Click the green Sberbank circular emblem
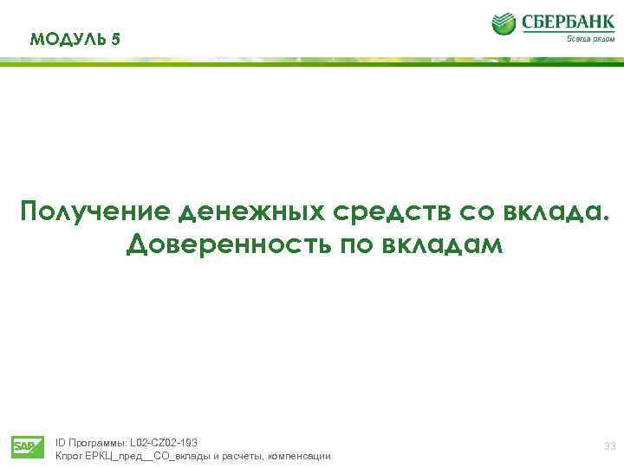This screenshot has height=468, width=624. [x=504, y=23]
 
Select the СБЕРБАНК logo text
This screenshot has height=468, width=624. [x=567, y=21]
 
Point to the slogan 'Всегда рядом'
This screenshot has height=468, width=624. [x=590, y=39]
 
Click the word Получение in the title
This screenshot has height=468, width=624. [x=96, y=211]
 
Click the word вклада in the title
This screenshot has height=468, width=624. [x=559, y=211]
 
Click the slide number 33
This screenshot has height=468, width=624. [x=609, y=446]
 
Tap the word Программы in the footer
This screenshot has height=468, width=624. [x=96, y=442]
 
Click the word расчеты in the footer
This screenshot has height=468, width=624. [x=244, y=456]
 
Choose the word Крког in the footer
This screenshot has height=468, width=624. [x=68, y=456]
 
